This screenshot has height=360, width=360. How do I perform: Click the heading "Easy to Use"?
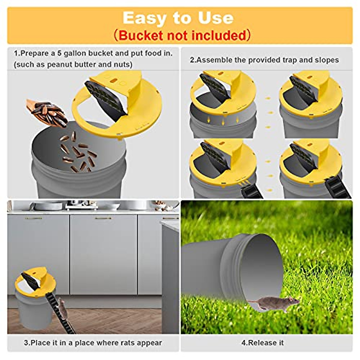click(178, 18)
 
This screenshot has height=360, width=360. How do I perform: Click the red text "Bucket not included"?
click(182, 35)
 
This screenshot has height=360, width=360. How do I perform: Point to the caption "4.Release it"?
click(262, 343)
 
